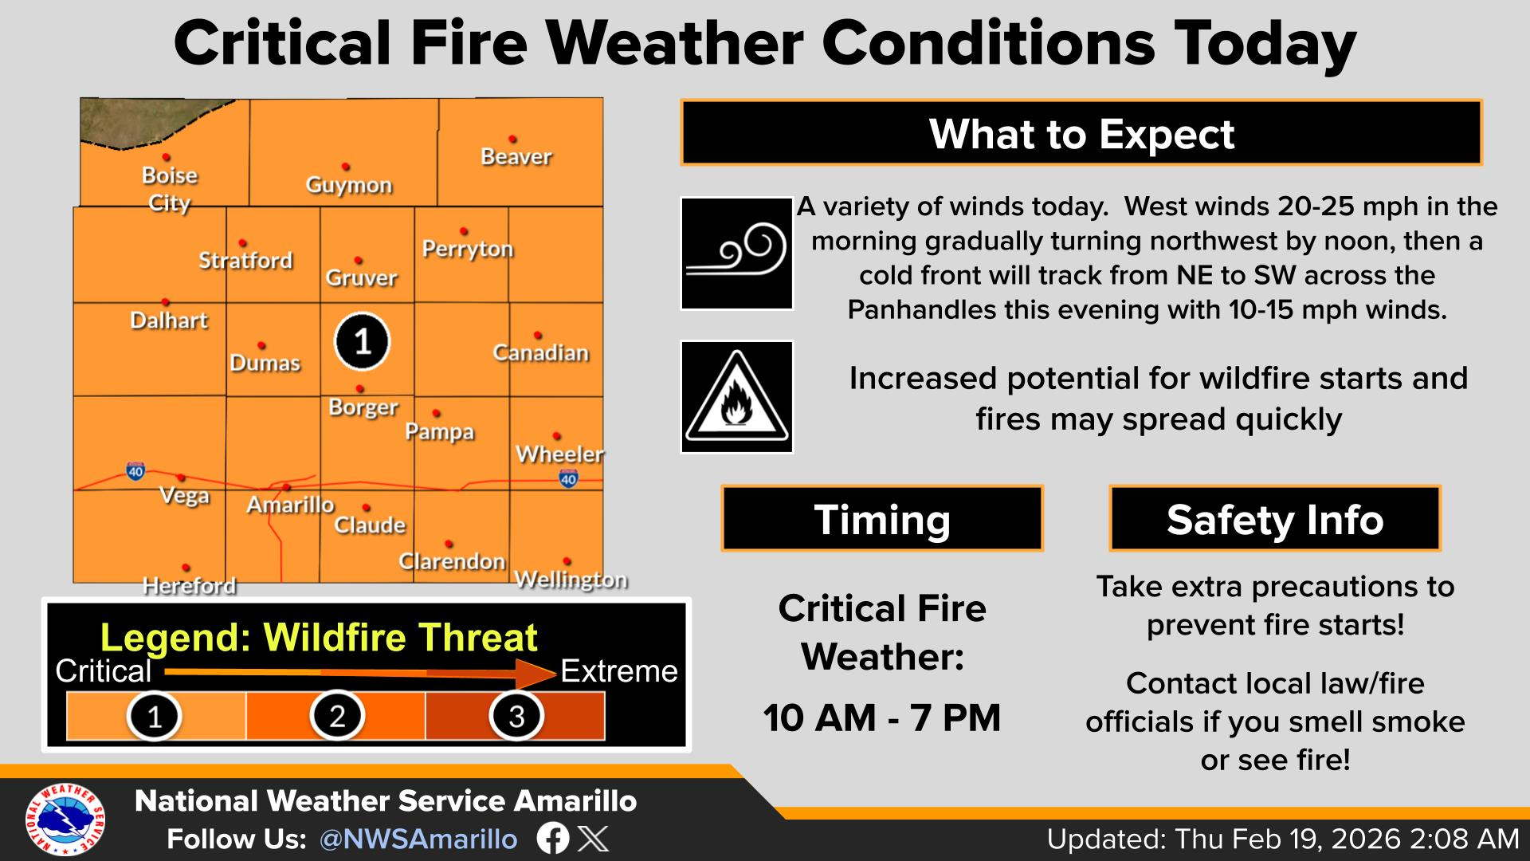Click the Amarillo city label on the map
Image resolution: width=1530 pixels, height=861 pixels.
coord(290,505)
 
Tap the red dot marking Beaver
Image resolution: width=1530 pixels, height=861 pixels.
coord(512,140)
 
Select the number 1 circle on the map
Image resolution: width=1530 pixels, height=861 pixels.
coord(362,342)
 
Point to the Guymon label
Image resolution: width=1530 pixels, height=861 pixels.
coord(349,185)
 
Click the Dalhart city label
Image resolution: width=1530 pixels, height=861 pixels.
coord(169,320)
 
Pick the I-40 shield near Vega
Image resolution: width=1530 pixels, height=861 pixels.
coord(135,471)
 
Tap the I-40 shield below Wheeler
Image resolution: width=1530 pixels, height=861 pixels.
coord(568,478)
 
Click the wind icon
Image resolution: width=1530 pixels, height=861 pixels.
coord(737,254)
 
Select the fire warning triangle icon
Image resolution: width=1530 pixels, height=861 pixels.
coord(737,397)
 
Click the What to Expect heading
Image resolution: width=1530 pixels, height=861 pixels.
coord(1081,133)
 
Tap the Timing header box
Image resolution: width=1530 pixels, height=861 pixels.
coord(882,519)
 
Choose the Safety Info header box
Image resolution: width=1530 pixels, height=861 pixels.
coord(1275,519)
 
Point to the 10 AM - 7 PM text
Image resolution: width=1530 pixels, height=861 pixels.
coord(882,717)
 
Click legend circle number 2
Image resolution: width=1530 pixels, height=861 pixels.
coord(337,715)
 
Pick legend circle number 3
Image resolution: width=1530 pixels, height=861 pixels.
coord(516,715)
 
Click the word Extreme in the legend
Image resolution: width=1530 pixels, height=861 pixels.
coord(619,671)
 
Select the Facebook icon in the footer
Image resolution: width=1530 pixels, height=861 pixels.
coord(553,839)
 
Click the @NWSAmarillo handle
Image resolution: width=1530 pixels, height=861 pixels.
coord(418,839)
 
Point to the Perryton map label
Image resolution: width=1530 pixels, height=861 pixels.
coord(468,250)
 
